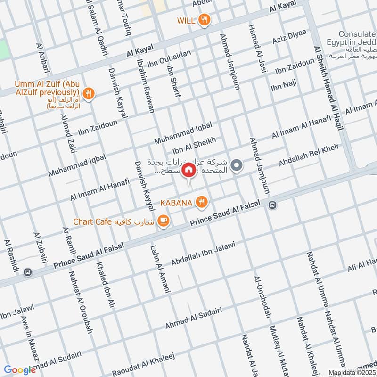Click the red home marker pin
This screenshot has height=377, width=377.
tap(188, 170)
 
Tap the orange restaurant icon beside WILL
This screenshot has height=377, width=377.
tap(204, 20)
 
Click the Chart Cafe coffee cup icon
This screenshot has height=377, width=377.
tap(163, 221)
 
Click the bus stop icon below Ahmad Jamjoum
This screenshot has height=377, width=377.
tap(272, 205)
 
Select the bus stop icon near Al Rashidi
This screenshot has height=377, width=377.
tap(28, 272)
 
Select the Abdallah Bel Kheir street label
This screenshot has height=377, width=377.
tap(309, 155)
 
